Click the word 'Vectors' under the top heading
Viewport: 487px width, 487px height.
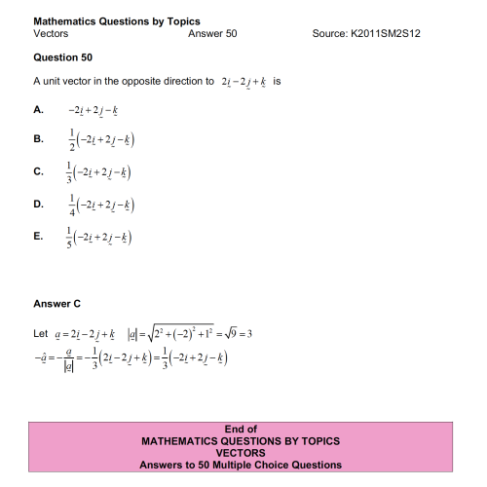click(x=51, y=33)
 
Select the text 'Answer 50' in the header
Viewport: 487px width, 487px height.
click(x=211, y=33)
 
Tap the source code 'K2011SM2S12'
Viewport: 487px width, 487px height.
click(x=390, y=33)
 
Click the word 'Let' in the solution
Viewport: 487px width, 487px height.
click(x=40, y=336)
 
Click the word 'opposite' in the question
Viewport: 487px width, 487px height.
click(x=145, y=81)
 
